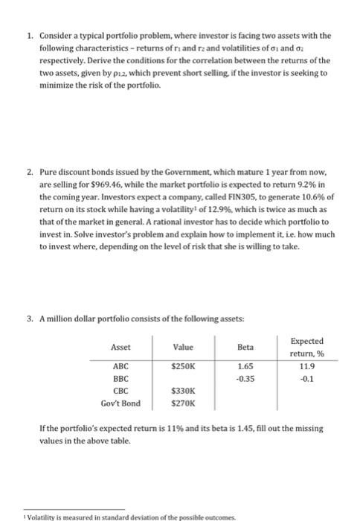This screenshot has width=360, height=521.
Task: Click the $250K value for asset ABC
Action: click(182, 366)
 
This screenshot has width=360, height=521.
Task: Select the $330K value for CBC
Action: click(182, 391)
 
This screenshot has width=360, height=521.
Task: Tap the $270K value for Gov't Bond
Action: click(182, 404)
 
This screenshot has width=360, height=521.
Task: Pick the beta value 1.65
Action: click(245, 366)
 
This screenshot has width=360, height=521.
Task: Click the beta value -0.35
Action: click(245, 379)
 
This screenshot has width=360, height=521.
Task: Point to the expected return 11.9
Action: click(313, 366)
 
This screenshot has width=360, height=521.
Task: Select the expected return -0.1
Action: click(313, 379)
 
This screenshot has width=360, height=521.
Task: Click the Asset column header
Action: click(120, 346)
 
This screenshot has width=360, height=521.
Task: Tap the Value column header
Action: click(182, 346)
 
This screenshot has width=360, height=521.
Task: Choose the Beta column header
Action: click(245, 346)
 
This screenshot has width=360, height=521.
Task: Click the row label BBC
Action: click(120, 379)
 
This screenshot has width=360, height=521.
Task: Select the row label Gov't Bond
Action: click(120, 404)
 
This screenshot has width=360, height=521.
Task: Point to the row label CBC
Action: click(120, 391)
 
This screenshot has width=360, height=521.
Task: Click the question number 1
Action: click(28, 35)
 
